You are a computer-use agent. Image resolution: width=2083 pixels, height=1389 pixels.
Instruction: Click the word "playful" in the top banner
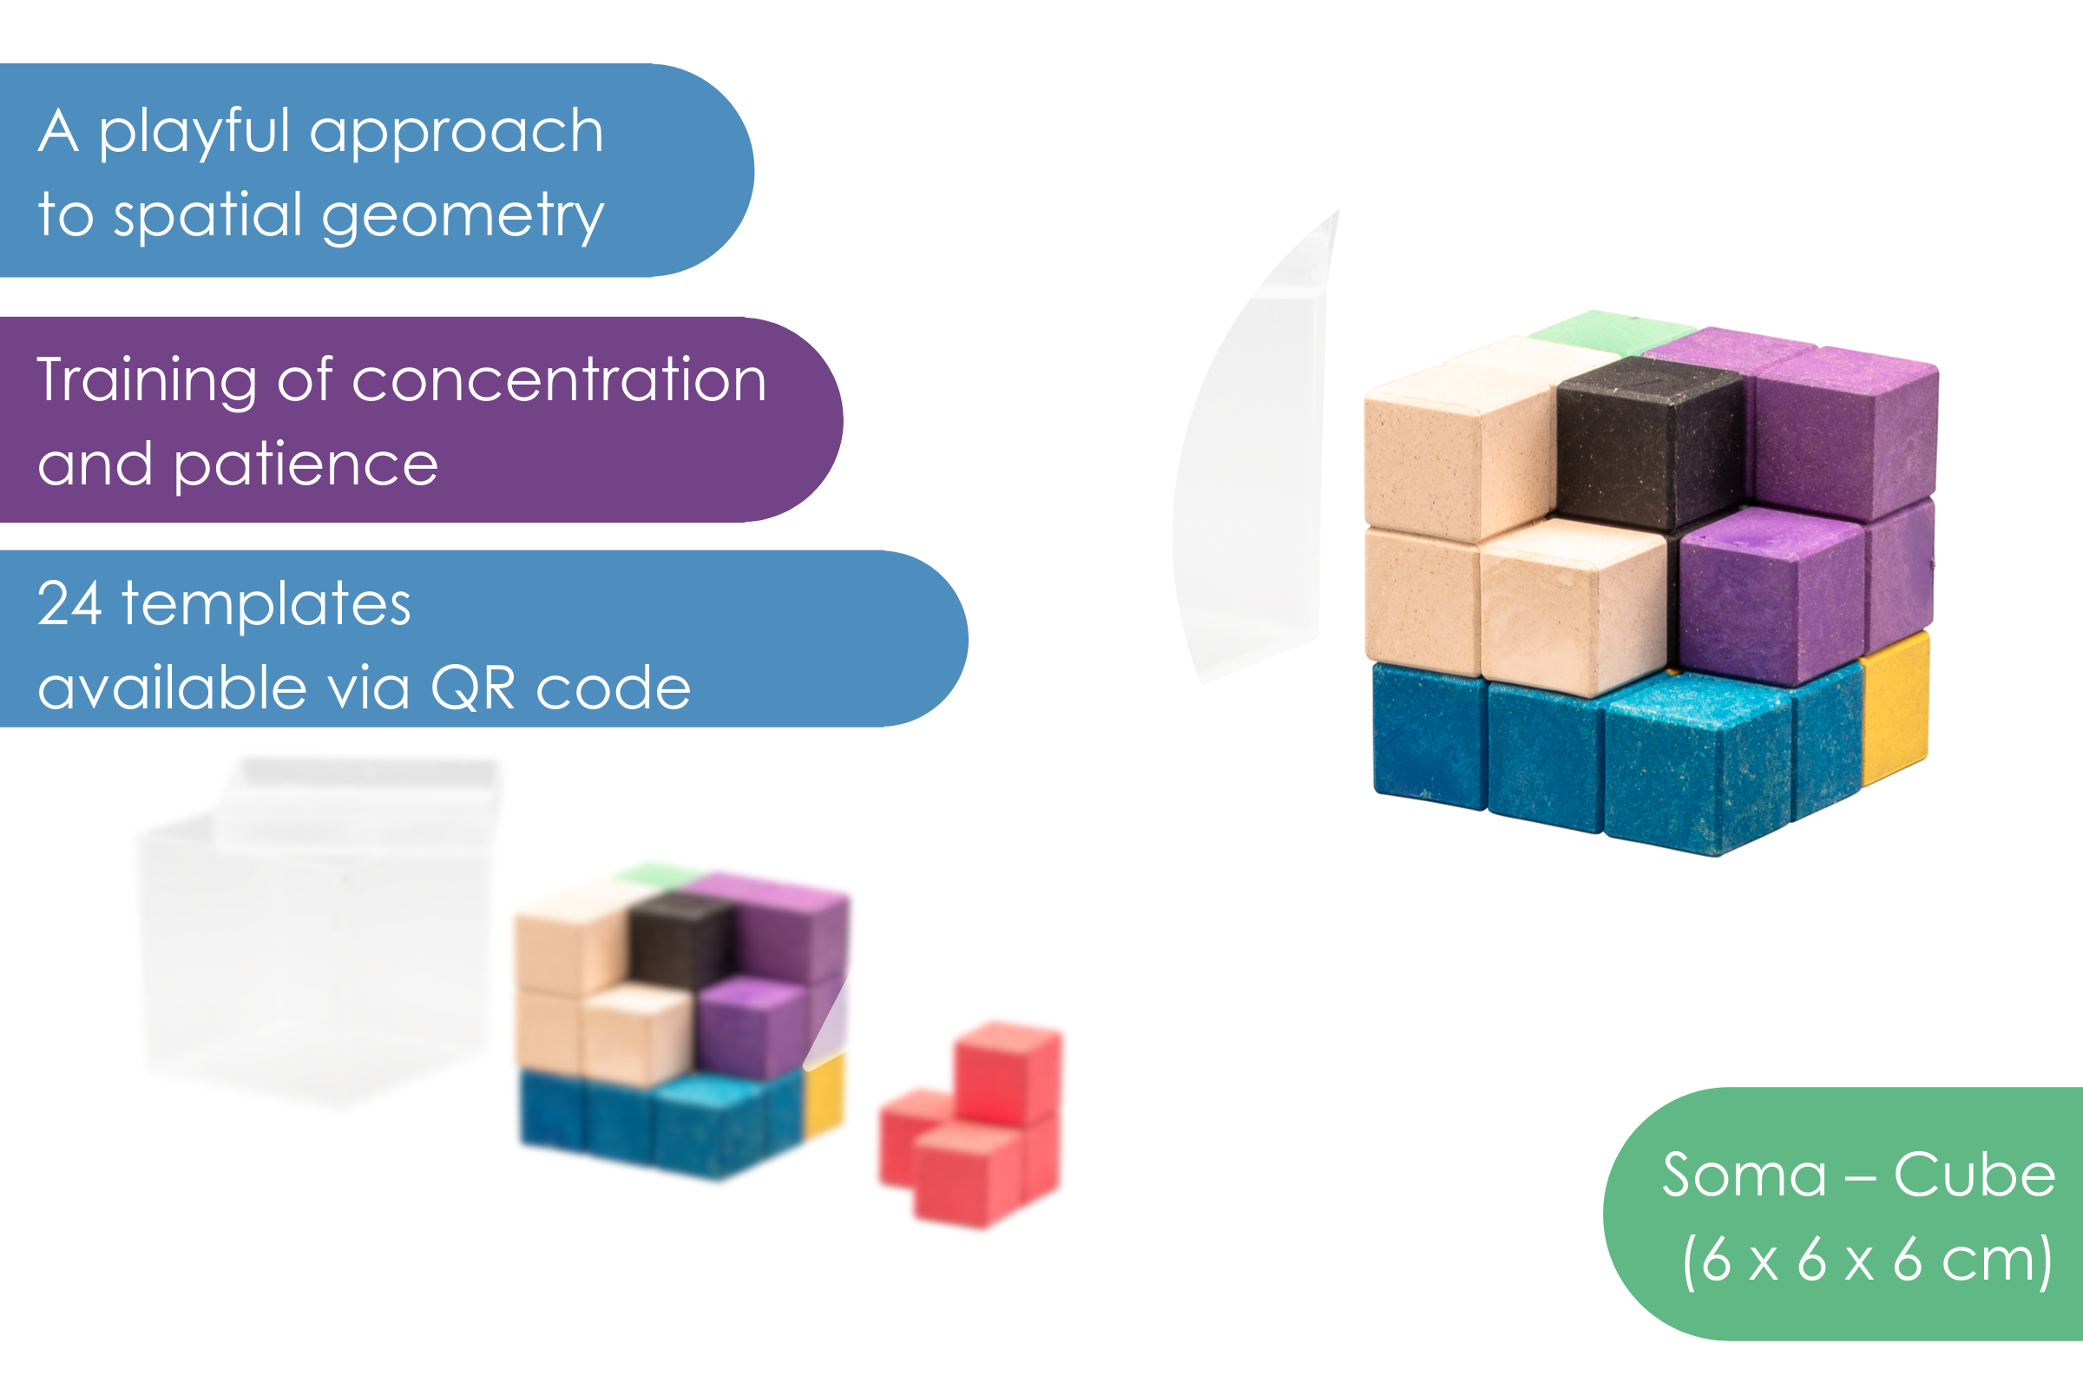[x=193, y=133]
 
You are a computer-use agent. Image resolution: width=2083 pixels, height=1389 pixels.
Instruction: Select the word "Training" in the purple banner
[x=146, y=381]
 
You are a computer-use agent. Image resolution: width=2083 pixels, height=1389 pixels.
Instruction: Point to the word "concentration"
[x=559, y=381]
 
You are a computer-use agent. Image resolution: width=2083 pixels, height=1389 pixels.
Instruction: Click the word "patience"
[x=306, y=464]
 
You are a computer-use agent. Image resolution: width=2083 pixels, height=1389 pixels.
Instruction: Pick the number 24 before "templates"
[x=69, y=604]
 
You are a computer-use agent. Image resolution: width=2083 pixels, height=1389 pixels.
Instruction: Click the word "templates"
[x=266, y=604]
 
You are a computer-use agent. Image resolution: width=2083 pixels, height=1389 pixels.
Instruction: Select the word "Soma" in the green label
[x=1744, y=1175]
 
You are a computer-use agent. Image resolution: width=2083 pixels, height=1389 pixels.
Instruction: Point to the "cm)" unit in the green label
[x=1997, y=1259]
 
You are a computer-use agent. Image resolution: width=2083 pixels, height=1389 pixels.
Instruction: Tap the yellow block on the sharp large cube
[x=1896, y=708]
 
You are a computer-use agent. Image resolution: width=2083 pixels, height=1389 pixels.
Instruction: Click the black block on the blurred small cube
[x=680, y=939]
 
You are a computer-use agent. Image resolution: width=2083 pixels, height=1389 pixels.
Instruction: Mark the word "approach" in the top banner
[x=457, y=133]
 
